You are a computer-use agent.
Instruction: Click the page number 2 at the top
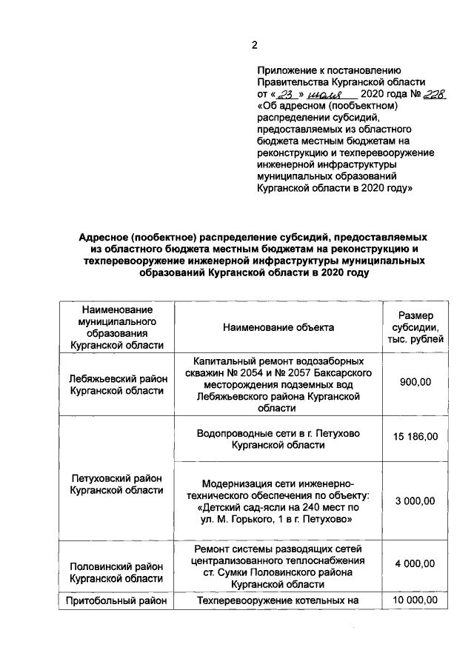click(x=254, y=45)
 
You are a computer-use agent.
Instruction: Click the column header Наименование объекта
click(x=278, y=327)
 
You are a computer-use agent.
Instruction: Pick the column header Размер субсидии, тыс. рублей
click(x=415, y=327)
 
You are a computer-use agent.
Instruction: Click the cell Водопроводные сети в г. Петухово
click(x=278, y=433)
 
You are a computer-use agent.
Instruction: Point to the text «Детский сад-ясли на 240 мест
click(x=278, y=507)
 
